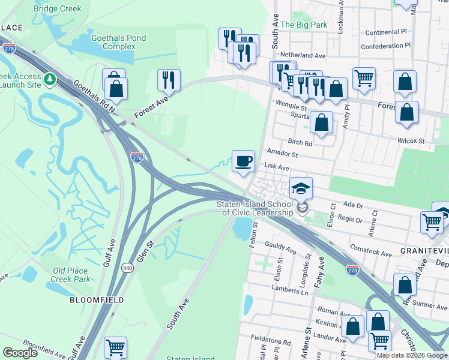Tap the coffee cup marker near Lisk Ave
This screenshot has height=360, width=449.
tap(243, 161)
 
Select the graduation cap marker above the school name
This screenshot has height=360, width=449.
tap(301, 188)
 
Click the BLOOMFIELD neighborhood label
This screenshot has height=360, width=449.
tap(97, 299)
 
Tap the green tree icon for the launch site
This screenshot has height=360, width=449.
tap(51, 79)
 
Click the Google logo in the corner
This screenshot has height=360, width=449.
tap(20, 353)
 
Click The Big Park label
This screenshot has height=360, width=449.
tap(304, 25)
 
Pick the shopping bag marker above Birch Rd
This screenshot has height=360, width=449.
tap(322, 122)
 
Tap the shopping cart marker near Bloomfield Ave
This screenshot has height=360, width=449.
tap(115, 347)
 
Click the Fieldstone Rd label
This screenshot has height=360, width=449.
tap(271, 343)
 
